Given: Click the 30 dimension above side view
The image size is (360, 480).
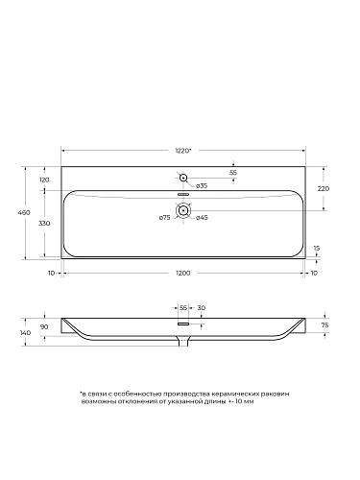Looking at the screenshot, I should coord(200,307).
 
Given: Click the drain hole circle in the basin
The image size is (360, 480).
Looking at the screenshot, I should coord(182,210).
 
